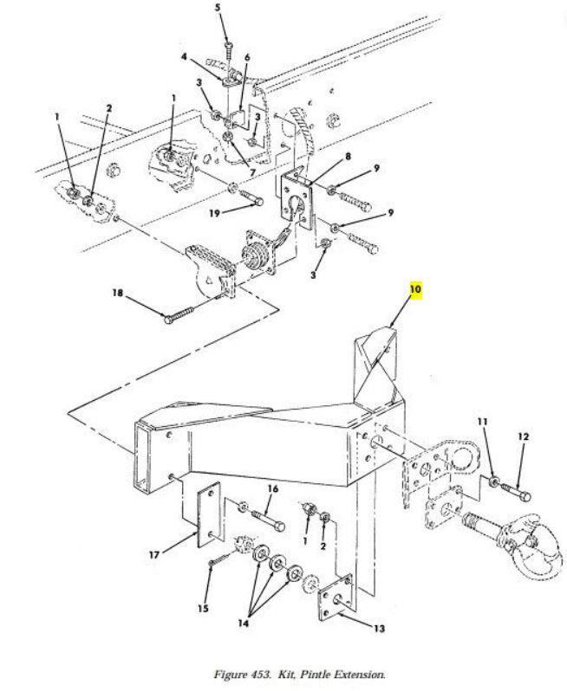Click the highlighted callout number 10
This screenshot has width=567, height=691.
tap(415, 288)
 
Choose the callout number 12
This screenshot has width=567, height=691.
tap(523, 437)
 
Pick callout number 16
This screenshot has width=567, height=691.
tap(272, 489)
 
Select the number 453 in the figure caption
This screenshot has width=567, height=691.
tap(266, 675)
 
